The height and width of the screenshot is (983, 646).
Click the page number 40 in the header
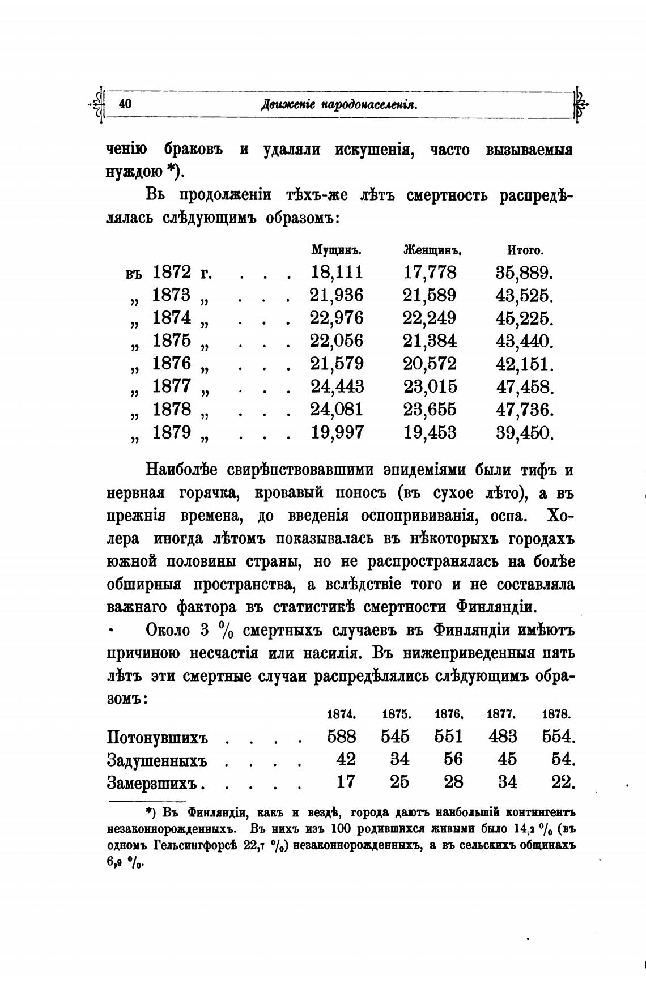click(x=125, y=104)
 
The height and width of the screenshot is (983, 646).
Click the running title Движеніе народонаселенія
click(x=339, y=104)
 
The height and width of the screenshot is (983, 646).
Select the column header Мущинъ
click(x=337, y=250)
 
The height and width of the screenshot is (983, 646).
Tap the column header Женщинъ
click(x=431, y=250)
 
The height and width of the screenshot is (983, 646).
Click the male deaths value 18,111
click(x=337, y=273)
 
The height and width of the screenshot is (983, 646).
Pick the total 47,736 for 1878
click(x=524, y=410)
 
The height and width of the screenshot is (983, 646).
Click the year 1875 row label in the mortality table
click(x=171, y=341)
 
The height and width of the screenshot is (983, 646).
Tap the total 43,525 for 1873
click(x=524, y=296)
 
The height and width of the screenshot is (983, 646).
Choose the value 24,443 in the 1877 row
click(x=337, y=387)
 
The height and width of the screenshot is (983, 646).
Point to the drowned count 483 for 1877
click(x=502, y=737)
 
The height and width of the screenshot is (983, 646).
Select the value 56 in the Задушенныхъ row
click(x=453, y=759)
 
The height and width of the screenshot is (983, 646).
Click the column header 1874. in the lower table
click(x=342, y=714)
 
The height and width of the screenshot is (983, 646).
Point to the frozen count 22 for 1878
click(x=563, y=782)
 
